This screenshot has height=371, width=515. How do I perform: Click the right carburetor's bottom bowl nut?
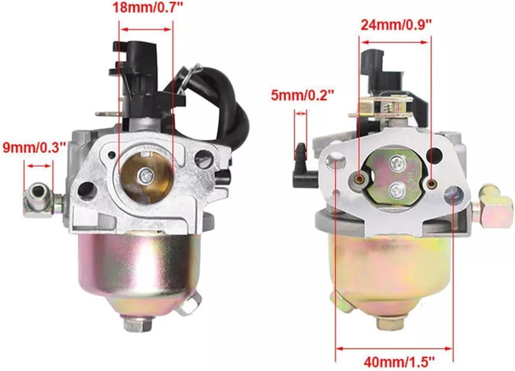tap(391, 324)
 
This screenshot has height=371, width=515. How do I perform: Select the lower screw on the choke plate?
tap(396, 190)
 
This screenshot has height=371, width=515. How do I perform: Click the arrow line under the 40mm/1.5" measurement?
tap(394, 348)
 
